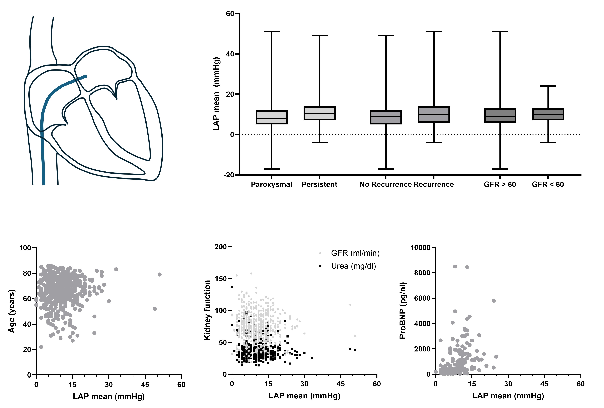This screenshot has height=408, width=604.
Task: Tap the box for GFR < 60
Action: tap(548, 114)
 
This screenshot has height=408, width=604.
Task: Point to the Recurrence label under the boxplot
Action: tap(434, 185)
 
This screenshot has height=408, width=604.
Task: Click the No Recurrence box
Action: tap(386, 117)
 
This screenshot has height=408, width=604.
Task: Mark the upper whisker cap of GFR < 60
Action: tap(548, 86)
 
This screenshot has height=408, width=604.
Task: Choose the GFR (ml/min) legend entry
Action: tap(355, 253)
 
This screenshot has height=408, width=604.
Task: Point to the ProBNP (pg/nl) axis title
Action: tap(403, 311)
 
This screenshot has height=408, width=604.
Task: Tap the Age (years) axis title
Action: tap(11, 311)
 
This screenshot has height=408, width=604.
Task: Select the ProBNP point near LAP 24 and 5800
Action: tap(494, 301)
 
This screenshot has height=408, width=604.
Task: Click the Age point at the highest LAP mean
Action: tap(160, 274)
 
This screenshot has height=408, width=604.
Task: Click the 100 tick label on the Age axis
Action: tap(25, 248)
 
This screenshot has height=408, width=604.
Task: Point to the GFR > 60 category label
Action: tap(500, 185)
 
